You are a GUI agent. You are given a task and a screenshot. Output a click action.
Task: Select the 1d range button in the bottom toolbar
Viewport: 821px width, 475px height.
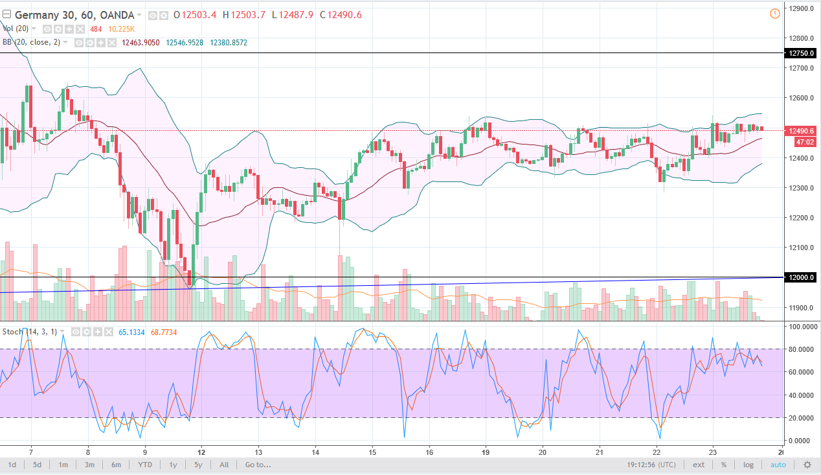click(12, 465)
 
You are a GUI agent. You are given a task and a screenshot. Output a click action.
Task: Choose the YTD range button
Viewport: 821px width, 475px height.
click(145, 465)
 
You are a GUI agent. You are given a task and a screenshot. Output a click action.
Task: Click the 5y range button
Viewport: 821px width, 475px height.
click(198, 465)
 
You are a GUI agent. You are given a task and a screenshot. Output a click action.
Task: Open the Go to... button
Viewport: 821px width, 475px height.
click(258, 465)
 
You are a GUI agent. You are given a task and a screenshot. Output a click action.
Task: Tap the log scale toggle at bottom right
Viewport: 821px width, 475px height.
click(748, 465)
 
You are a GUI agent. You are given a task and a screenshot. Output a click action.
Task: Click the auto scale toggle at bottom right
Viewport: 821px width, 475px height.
click(778, 465)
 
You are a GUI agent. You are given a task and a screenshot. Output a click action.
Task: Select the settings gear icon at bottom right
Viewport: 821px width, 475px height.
click(807, 465)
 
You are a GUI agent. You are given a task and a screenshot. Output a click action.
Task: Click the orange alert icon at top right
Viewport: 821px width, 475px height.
click(775, 14)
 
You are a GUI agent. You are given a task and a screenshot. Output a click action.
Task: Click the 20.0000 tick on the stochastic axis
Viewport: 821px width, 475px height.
click(802, 418)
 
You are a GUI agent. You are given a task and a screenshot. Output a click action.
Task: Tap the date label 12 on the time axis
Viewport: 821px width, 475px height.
click(201, 452)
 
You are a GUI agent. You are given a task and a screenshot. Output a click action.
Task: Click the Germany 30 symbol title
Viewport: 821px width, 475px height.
click(40, 15)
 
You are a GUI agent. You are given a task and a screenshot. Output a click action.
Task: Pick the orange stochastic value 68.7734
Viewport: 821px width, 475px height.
click(164, 332)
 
